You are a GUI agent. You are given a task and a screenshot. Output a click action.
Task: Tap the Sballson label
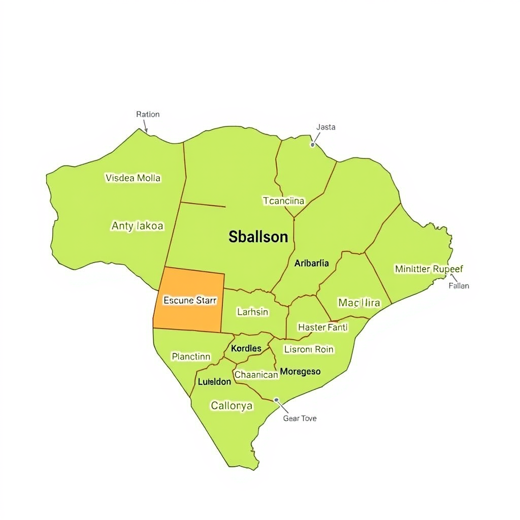(x=258, y=237)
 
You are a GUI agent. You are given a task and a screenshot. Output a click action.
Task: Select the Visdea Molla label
(x=133, y=178)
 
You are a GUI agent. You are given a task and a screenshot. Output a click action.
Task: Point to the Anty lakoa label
(x=137, y=226)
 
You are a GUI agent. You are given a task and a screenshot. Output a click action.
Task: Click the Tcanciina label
(x=283, y=201)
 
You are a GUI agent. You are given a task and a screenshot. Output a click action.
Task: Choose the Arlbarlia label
(x=311, y=263)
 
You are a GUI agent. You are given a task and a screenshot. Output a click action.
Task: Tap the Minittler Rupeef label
(x=429, y=269)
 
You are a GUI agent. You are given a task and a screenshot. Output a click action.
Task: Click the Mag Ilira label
(x=359, y=303)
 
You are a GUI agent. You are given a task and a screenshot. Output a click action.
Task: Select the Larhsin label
(x=252, y=312)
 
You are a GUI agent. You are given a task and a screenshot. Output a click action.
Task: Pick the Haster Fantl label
(x=322, y=328)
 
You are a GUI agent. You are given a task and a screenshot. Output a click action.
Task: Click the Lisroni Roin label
(x=309, y=349)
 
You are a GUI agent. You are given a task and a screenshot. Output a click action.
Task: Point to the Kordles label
(x=246, y=348)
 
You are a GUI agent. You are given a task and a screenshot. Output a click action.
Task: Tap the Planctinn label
(x=191, y=356)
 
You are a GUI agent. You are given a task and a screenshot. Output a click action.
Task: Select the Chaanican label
(x=256, y=375)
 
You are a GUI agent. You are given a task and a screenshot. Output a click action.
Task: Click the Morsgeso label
(x=300, y=372)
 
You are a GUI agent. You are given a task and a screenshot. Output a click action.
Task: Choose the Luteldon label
(x=214, y=382)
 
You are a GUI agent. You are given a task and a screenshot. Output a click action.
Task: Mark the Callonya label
(x=232, y=406)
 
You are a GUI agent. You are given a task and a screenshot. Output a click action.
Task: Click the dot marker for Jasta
(x=313, y=145)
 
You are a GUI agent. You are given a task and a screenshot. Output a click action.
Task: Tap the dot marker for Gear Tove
(x=276, y=400)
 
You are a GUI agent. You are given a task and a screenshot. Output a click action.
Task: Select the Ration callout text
(x=148, y=114)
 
